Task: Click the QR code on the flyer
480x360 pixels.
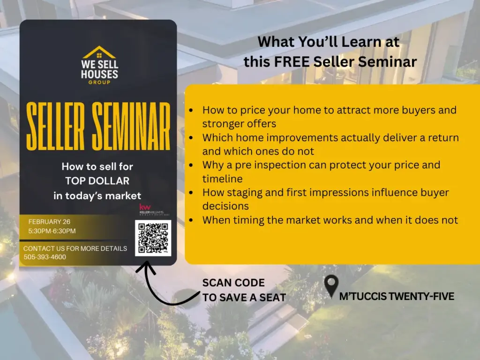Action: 153,238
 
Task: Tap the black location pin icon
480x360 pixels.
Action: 331,286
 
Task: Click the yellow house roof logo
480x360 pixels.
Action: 99,52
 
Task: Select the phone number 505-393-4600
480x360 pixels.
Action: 45,257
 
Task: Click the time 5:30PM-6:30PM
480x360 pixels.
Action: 52,231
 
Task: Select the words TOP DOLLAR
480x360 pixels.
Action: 97,181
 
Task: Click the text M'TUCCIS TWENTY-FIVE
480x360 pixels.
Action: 397,296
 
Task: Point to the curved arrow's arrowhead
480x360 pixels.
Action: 146,267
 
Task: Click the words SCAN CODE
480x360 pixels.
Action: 233,283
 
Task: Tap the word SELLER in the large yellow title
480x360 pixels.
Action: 55,127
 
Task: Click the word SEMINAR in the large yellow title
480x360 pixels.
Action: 131,127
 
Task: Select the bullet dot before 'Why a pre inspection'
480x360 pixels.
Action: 191,165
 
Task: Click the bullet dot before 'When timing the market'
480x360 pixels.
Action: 191,220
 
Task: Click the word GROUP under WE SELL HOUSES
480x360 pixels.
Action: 99,82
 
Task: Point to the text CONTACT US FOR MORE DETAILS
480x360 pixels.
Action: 75,248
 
